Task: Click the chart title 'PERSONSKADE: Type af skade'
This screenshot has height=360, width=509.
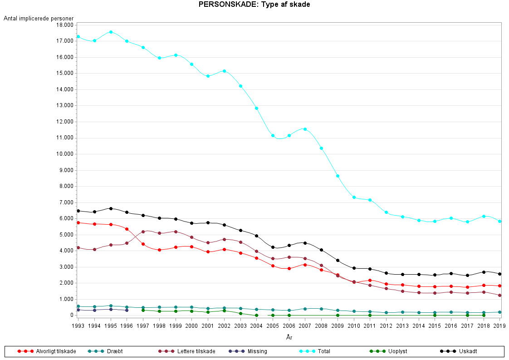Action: point(254,5)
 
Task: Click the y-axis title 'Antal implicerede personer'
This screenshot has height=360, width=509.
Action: point(39,18)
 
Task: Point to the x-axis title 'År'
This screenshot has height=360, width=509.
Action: point(289,337)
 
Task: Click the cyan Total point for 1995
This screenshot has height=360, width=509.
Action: point(111,32)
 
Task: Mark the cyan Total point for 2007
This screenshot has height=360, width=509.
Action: point(305,129)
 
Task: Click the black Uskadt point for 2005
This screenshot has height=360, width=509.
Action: point(273,247)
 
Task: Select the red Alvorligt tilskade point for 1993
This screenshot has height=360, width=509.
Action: point(78,222)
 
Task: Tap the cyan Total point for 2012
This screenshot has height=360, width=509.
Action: point(386,212)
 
